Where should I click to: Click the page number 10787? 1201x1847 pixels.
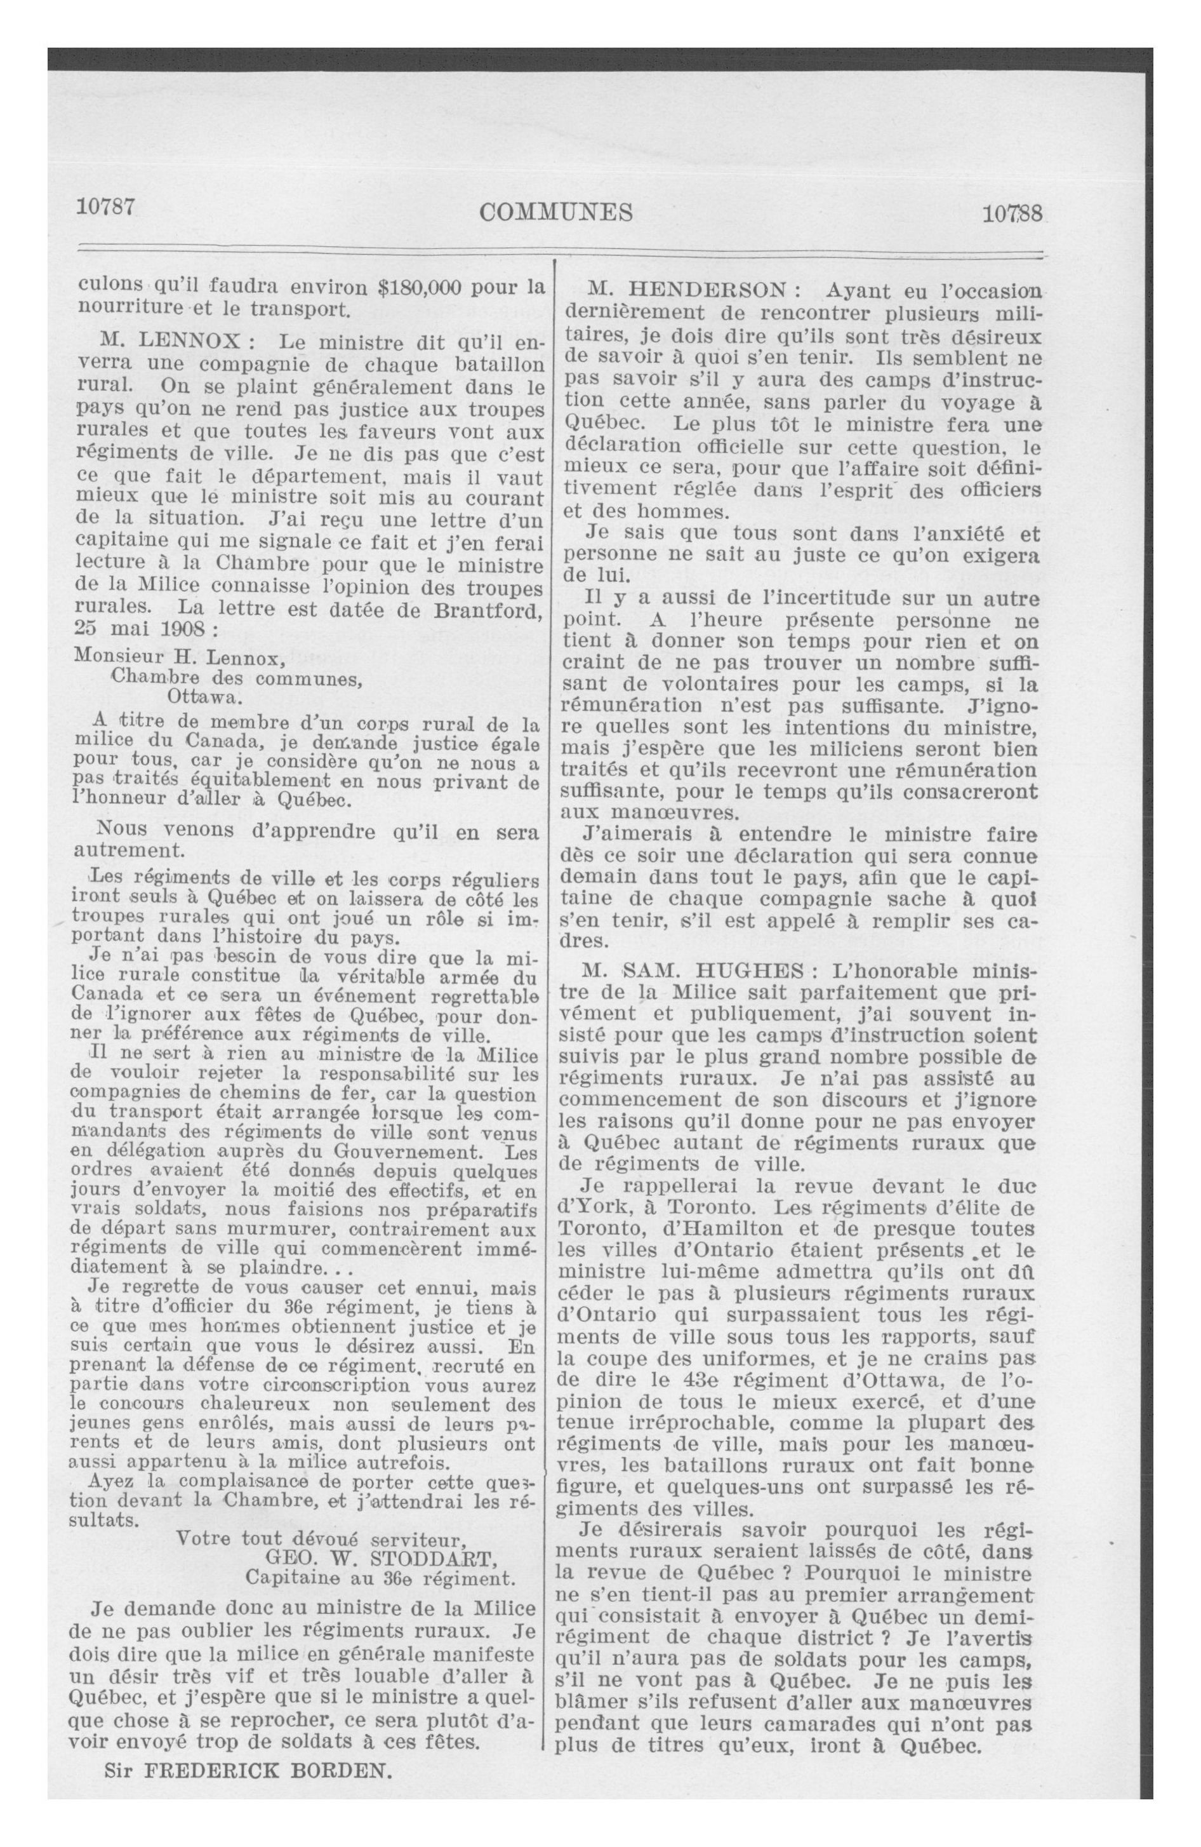106,207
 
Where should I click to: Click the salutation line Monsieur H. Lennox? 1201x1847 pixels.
180,661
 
